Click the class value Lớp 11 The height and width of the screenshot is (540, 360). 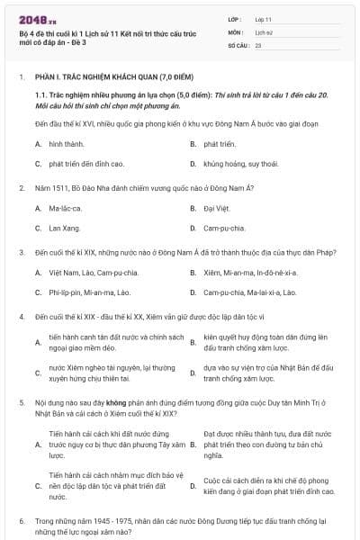263,19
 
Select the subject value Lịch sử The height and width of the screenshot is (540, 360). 264,31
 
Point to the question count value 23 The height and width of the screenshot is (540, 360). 258,44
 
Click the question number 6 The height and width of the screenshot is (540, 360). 22,521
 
